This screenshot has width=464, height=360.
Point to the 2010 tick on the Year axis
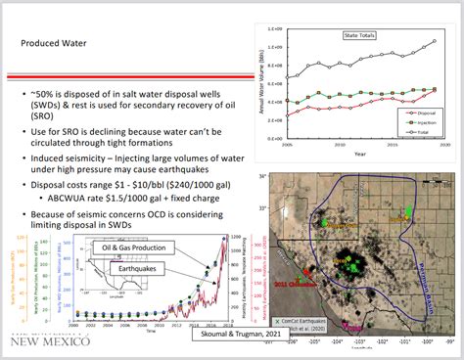(339, 143)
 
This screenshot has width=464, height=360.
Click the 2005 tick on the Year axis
(285, 143)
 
